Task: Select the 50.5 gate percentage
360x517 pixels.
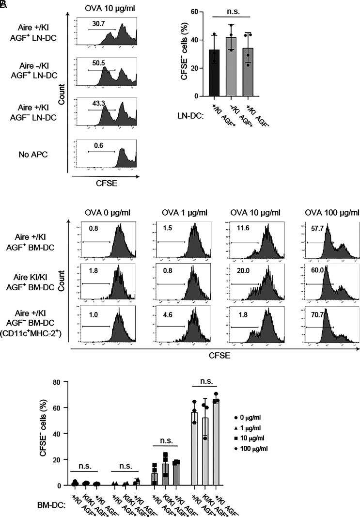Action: (x=100, y=63)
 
